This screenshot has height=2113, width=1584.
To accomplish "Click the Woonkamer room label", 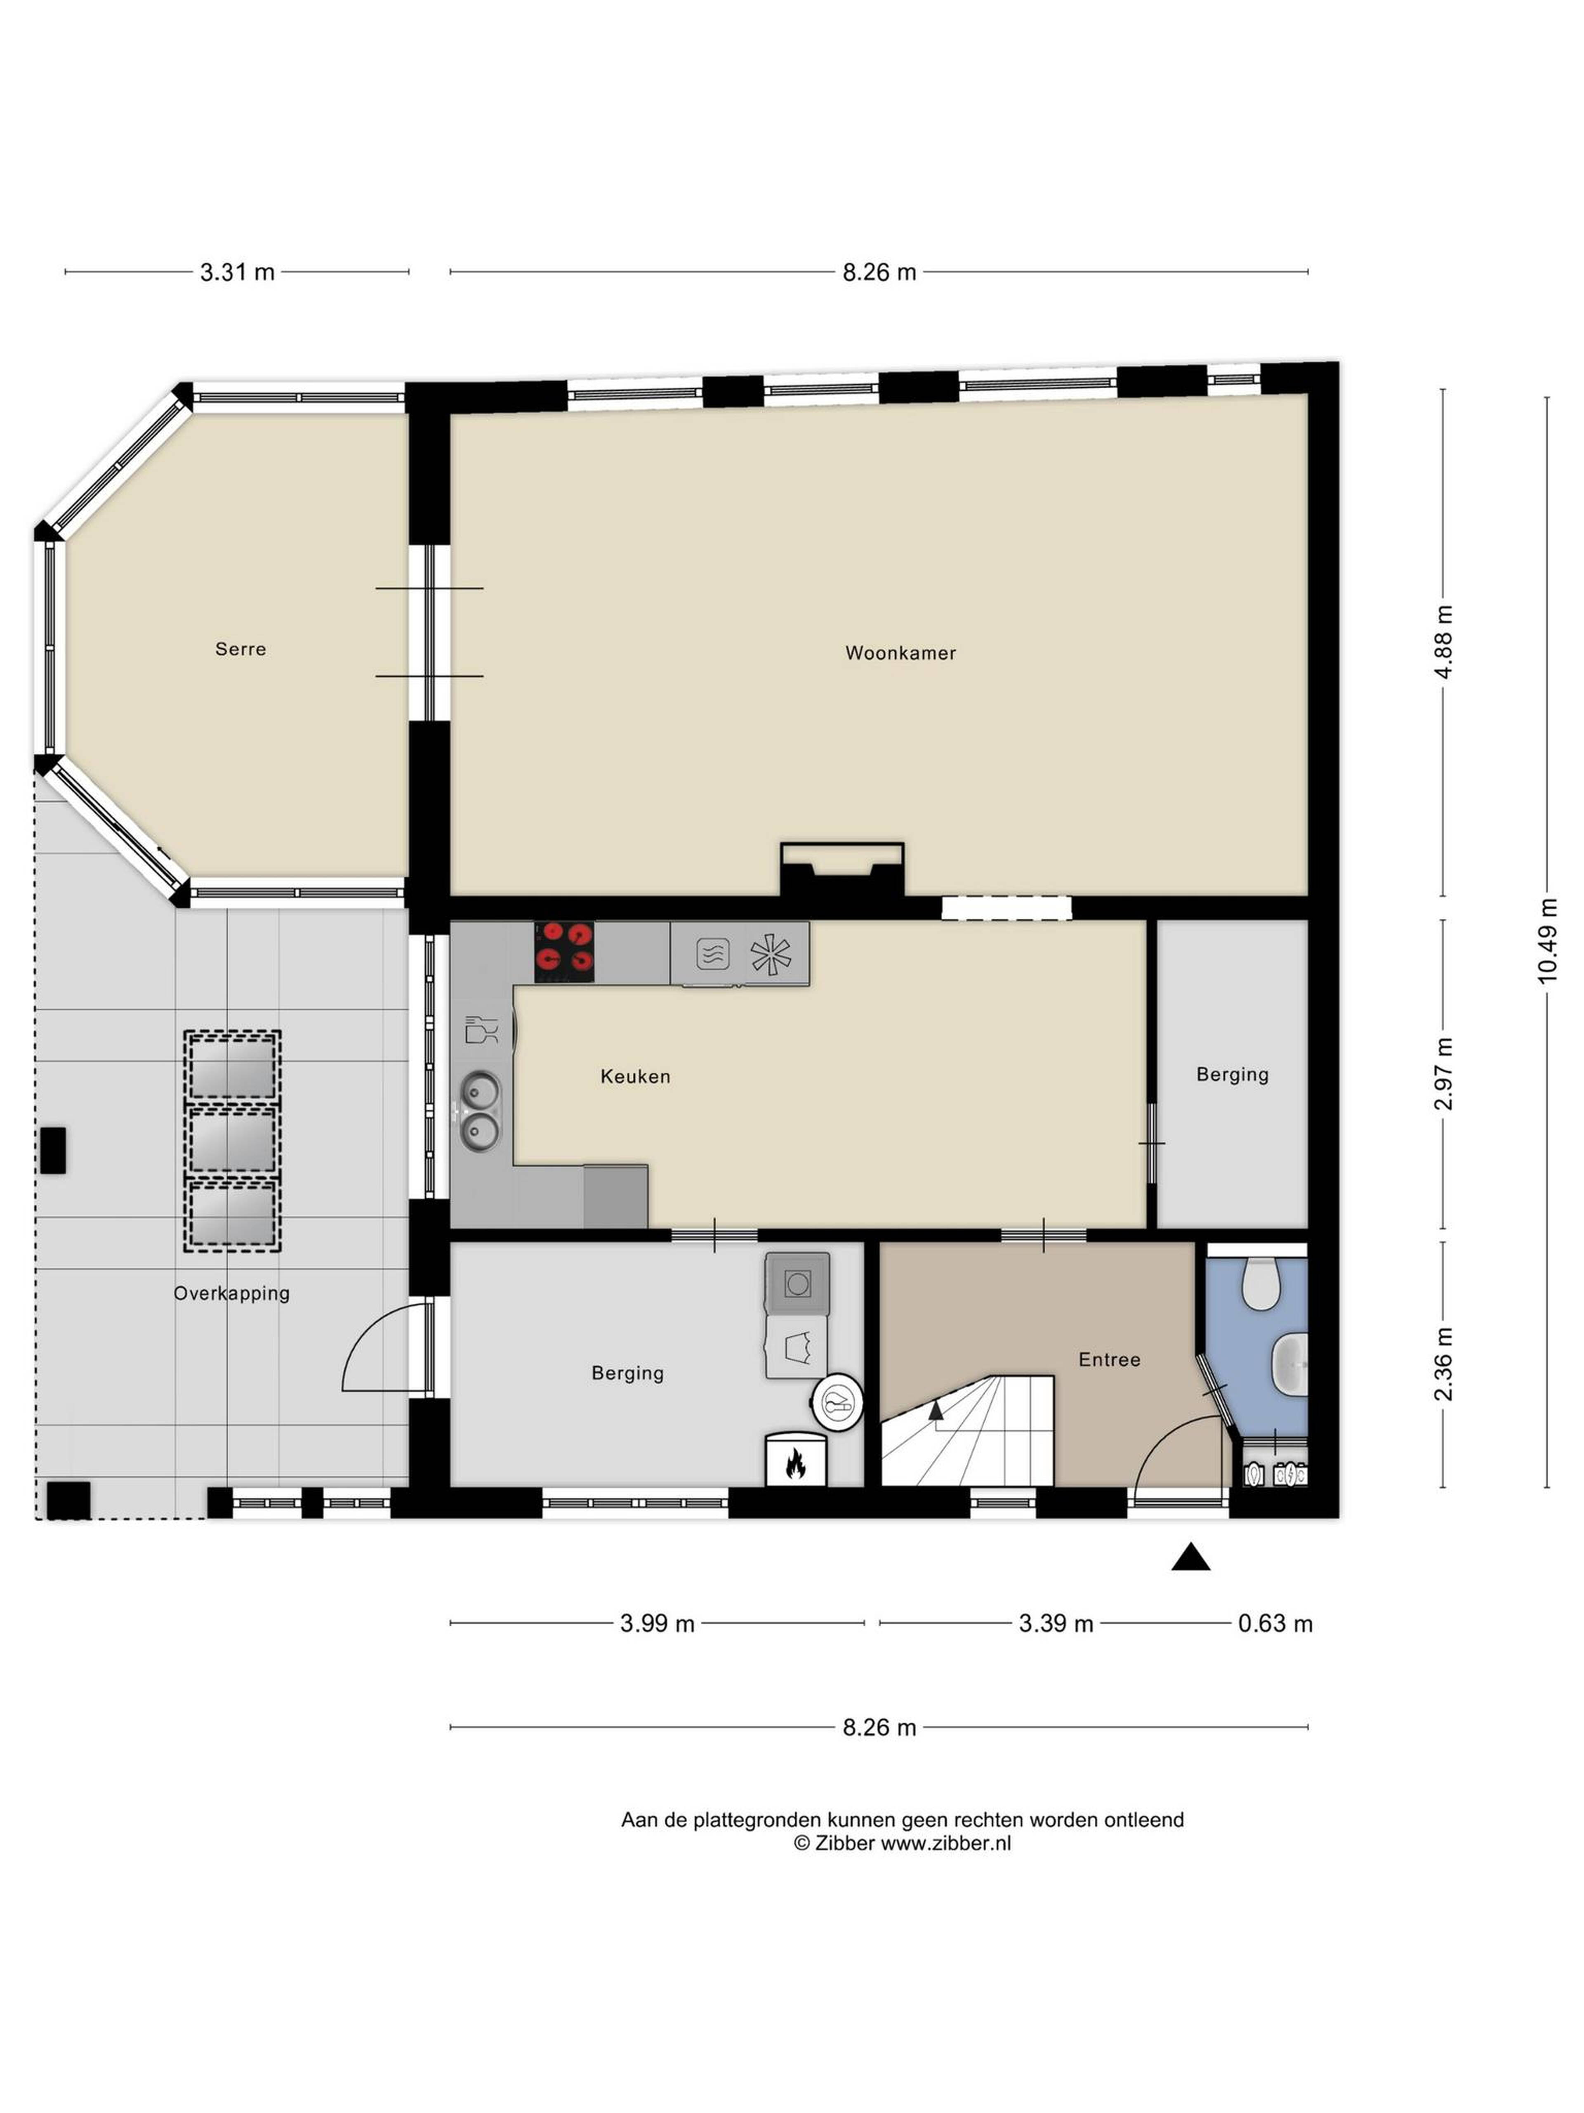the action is pyautogui.click(x=899, y=653).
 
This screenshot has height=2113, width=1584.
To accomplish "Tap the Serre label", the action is pyautogui.click(x=240, y=650).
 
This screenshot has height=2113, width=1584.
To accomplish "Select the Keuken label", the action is pyautogui.click(x=635, y=1077).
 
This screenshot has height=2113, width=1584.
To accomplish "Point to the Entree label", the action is pyautogui.click(x=1108, y=1359).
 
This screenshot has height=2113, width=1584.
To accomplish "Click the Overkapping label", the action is pyautogui.click(x=231, y=1293).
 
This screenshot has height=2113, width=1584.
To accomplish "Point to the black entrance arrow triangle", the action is pyautogui.click(x=1190, y=1558).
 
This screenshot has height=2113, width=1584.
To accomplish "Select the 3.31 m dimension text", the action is pyautogui.click(x=237, y=272).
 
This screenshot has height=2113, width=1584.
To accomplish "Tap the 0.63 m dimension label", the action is pyautogui.click(x=1275, y=1624).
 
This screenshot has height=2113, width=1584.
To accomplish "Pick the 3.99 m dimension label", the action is pyautogui.click(x=657, y=1624).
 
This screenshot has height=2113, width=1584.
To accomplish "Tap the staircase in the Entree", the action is pyautogui.click(x=966, y=1431).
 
